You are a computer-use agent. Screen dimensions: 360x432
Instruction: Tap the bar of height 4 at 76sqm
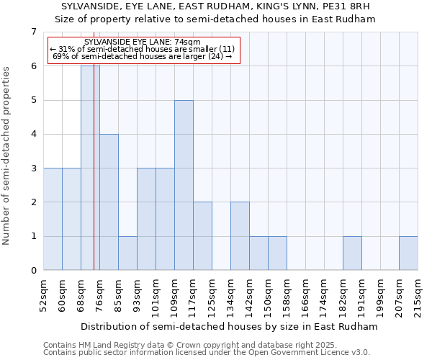(109, 202)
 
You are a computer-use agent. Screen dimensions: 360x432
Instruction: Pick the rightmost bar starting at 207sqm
(408, 253)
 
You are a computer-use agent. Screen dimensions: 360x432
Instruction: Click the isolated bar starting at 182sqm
(352, 253)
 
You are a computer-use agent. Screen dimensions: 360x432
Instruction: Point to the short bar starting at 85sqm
(127, 253)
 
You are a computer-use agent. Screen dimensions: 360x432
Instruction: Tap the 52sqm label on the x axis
(44, 294)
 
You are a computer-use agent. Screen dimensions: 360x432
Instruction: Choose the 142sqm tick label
(249, 294)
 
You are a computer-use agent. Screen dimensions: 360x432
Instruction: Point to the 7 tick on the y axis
(33, 32)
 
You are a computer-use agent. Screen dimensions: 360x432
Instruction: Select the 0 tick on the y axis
(33, 271)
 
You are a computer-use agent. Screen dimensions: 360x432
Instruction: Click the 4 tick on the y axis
(33, 134)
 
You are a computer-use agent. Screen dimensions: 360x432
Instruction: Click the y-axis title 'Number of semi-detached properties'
(7, 155)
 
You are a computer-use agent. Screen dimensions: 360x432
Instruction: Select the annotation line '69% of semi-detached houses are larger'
(143, 56)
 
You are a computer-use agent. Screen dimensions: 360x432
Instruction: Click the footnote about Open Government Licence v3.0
(207, 353)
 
